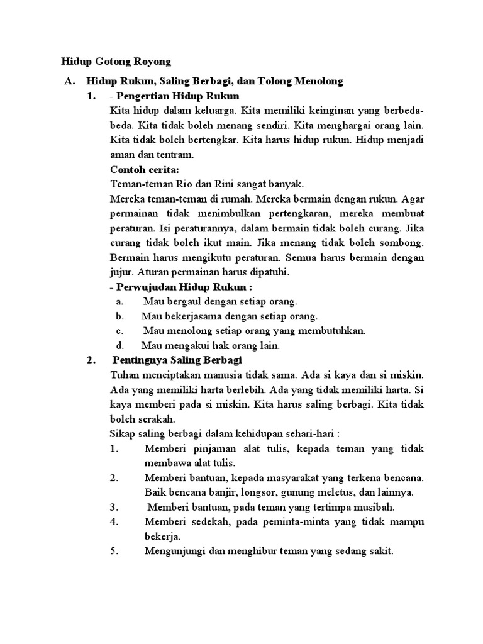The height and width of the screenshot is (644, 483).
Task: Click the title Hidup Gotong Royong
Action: (116, 62)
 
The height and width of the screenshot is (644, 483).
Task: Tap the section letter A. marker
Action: (69, 82)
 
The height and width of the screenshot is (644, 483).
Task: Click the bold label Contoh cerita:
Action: (144, 169)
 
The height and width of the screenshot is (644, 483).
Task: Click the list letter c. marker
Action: (120, 331)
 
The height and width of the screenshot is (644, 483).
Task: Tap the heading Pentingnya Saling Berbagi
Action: (178, 360)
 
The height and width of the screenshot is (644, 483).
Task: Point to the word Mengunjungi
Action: (176, 551)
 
